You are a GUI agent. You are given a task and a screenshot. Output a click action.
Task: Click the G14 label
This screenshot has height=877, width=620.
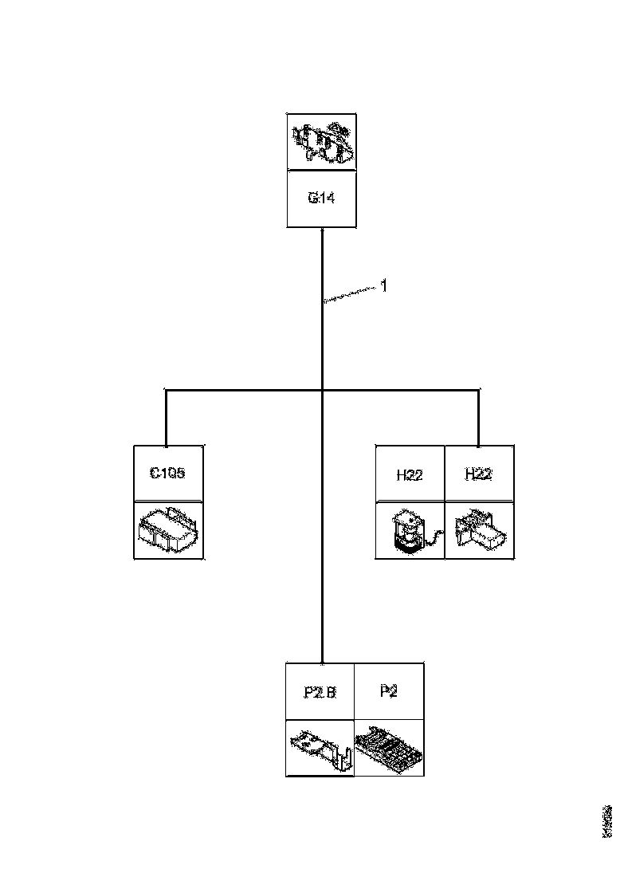point(321,199)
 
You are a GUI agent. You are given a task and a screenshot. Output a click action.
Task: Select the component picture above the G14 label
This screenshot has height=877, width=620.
point(321,142)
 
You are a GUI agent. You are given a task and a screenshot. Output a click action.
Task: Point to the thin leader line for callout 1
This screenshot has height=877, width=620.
point(351,293)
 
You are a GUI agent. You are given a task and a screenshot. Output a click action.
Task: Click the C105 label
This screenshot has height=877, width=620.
point(167,474)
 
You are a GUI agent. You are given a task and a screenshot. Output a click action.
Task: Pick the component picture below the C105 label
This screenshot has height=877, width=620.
point(167,530)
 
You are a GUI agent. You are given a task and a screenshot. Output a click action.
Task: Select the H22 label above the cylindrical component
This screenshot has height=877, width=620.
point(410,475)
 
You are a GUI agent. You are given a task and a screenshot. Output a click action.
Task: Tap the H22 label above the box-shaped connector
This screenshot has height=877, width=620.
point(478,474)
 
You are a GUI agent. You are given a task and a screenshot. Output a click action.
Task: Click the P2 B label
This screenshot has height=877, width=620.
point(320,692)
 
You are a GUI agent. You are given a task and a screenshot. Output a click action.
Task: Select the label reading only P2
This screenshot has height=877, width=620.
point(388,691)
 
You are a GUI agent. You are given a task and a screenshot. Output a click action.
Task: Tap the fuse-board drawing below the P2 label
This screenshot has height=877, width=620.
point(388,749)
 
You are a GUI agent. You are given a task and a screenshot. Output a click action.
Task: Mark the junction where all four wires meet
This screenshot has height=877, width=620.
point(322,390)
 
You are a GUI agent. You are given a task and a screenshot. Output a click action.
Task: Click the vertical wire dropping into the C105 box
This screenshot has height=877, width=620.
point(166,419)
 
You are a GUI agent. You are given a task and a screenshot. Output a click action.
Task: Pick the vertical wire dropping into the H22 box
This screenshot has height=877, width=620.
point(478,419)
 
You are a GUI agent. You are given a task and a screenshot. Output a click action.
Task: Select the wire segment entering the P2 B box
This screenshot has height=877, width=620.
point(322,638)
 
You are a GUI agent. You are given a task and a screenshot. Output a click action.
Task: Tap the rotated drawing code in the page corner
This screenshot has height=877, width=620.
point(608,822)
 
